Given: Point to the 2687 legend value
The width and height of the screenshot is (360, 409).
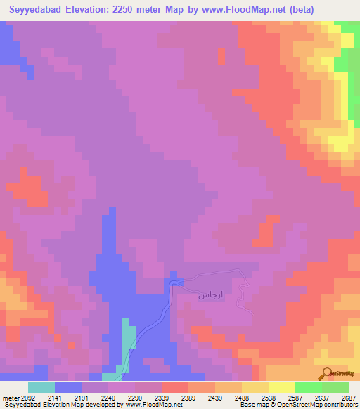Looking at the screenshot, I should click(x=348, y=397).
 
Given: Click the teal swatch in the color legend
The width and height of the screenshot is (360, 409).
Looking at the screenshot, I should click(x=41, y=387).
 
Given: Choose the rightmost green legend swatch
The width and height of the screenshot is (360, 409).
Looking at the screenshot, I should click(x=335, y=387).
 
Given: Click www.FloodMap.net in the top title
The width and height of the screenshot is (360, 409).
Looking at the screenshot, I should click(x=237, y=10).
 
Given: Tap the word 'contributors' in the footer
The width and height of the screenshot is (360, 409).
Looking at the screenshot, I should click(x=340, y=405).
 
